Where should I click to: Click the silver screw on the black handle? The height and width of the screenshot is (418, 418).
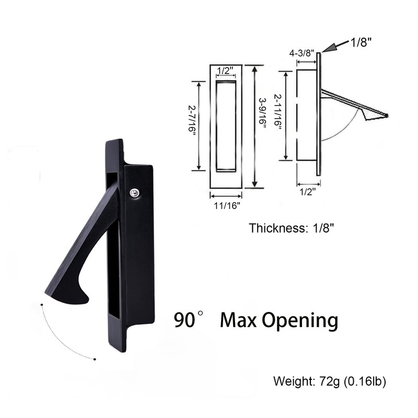click(135, 193)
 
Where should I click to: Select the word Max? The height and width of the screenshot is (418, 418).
click(238, 319)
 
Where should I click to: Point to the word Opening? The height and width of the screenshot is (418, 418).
click(299, 320)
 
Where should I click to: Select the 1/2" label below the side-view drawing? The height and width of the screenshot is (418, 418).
click(308, 192)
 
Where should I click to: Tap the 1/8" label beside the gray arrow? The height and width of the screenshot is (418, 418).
click(362, 43)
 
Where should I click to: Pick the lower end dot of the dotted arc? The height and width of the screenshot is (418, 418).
click(95, 359)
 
